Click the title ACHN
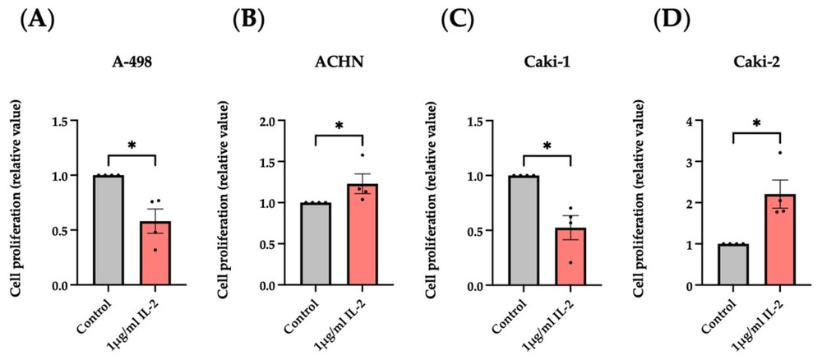[x=336, y=69]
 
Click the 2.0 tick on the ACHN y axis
[x=288, y=121]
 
